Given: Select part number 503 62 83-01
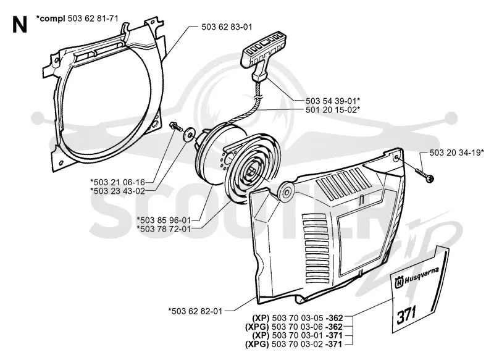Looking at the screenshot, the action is point(227,27).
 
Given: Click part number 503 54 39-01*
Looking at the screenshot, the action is point(333,101).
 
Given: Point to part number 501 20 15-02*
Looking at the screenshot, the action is point(333,110).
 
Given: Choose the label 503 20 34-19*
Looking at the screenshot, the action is point(456,153).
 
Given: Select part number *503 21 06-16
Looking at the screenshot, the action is point(117,182).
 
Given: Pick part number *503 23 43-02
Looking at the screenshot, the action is point(117,191).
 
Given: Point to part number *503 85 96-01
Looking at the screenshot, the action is point(164,220).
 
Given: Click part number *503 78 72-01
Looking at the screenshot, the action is point(164,229).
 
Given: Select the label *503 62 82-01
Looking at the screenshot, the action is point(195,311).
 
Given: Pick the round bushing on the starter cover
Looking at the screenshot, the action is point(286,191).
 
